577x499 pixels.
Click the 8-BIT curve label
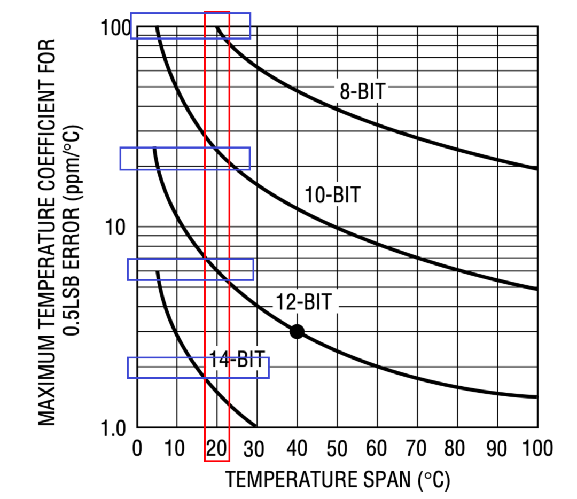(x=362, y=91)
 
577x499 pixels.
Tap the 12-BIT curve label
(x=303, y=302)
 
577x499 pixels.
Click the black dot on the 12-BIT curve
(x=297, y=331)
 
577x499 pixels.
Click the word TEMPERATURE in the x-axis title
(x=289, y=480)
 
